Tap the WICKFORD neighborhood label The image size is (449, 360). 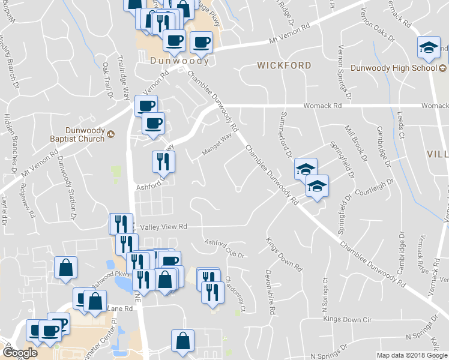click(x=285, y=65)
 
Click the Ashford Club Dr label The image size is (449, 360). click(x=225, y=248)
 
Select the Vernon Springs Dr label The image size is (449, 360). click(x=344, y=72)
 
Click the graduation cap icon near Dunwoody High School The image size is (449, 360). click(x=429, y=48)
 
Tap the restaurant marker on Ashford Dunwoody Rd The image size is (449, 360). click(x=163, y=161)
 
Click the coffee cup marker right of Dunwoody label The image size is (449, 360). click(x=201, y=42)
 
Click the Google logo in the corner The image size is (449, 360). click(x=20, y=352)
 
